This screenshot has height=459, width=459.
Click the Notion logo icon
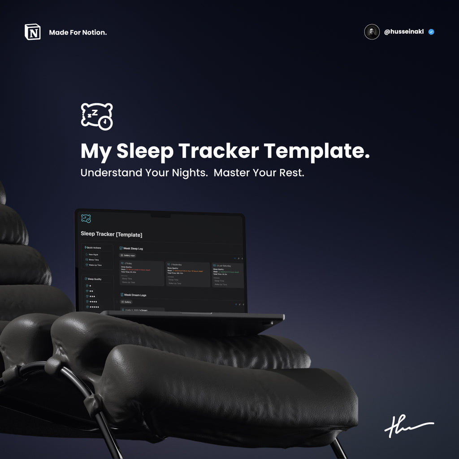tap(32, 32)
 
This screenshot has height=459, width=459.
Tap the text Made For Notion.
tap(78, 32)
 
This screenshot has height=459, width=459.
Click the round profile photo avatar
tap(372, 32)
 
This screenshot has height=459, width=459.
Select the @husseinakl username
tap(404, 32)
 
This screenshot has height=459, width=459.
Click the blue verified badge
tap(431, 32)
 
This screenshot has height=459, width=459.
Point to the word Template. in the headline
tap(317, 151)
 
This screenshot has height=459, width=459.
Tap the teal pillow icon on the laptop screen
tap(86, 219)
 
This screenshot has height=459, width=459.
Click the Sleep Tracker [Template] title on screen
tap(111, 234)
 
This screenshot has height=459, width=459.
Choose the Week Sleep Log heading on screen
tap(133, 248)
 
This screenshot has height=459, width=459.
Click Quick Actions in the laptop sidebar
tap(93, 247)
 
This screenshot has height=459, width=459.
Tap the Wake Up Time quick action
tap(95, 265)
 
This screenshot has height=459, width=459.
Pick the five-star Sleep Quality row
tap(94, 307)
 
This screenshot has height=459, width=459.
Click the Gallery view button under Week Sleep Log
tap(128, 255)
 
